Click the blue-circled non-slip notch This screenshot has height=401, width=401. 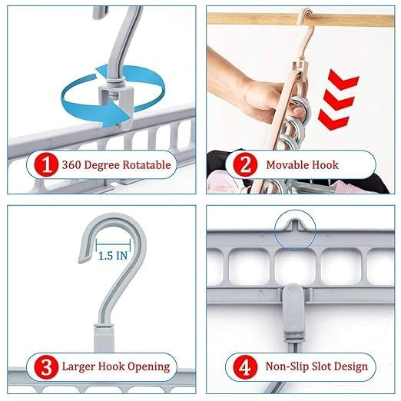click(x=293, y=228)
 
